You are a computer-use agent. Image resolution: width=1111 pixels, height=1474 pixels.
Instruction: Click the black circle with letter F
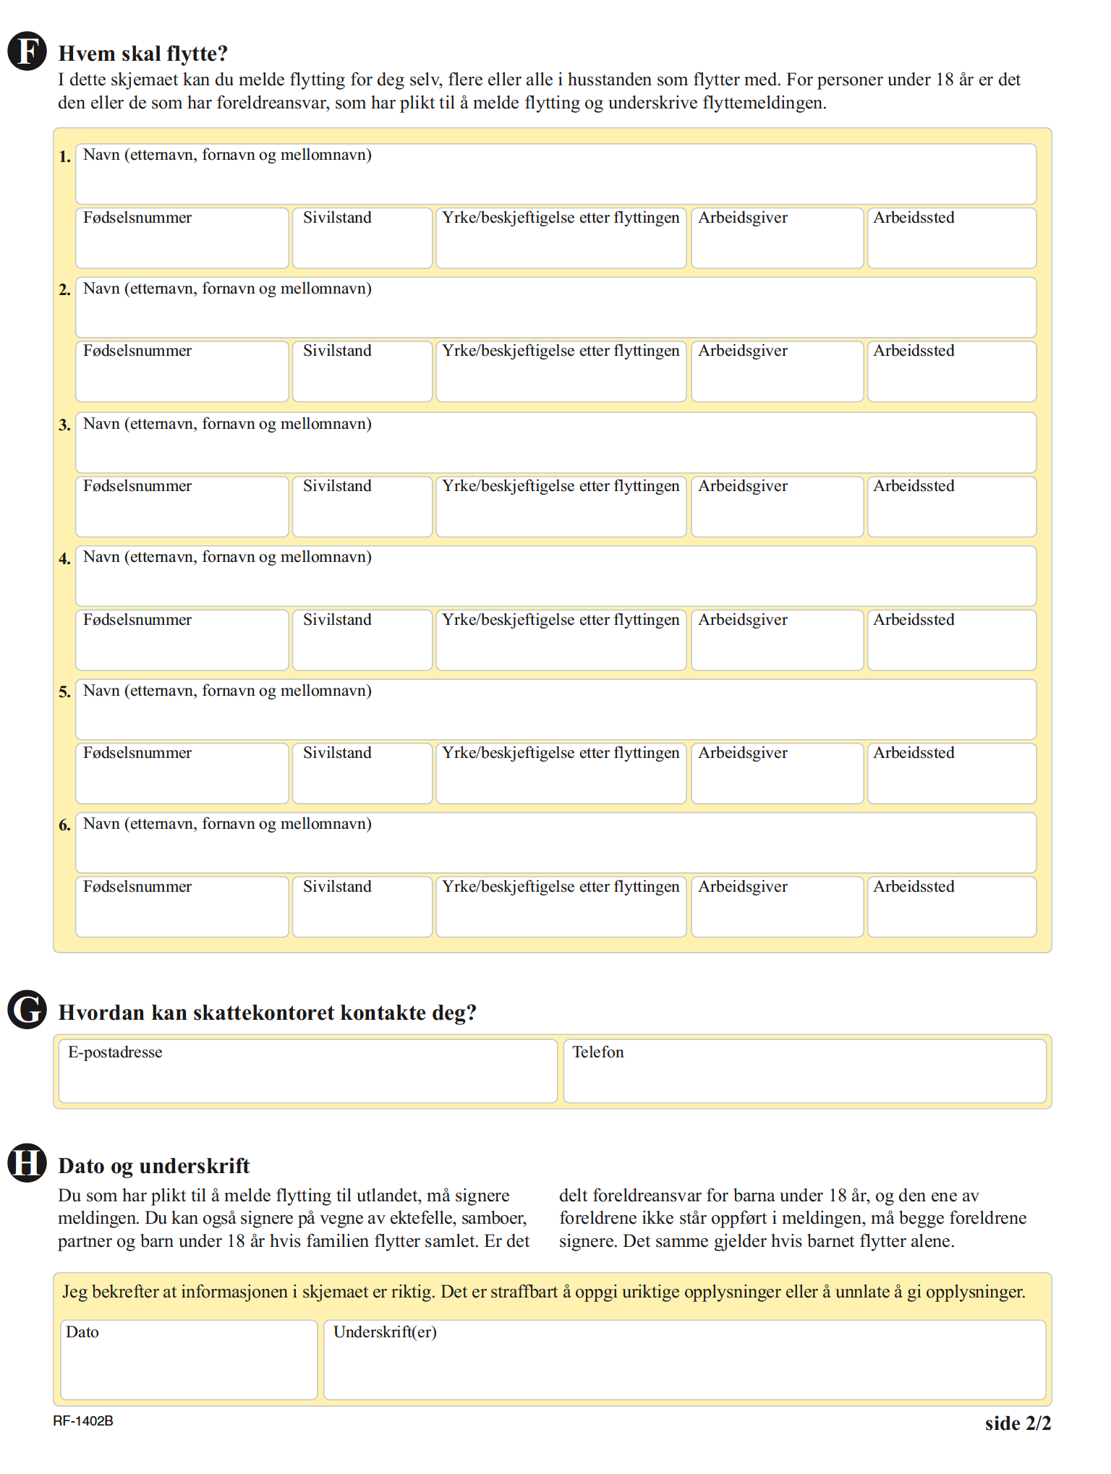27,51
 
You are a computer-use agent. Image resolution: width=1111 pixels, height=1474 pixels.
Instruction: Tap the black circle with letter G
27,1009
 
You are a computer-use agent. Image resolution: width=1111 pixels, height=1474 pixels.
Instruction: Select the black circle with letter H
27,1162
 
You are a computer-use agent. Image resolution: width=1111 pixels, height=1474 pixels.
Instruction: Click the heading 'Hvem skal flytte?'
143,54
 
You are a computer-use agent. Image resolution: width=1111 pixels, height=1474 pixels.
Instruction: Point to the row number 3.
65,425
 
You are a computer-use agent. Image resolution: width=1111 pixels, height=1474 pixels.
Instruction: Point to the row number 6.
65,825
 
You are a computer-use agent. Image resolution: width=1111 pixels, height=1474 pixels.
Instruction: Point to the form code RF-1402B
83,1421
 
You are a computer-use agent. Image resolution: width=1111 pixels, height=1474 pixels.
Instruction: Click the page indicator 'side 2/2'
1018,1423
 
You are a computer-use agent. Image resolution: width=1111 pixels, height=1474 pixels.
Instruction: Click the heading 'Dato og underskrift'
154,1166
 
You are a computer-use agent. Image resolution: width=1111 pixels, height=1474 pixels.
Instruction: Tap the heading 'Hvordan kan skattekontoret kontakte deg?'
268,1013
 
